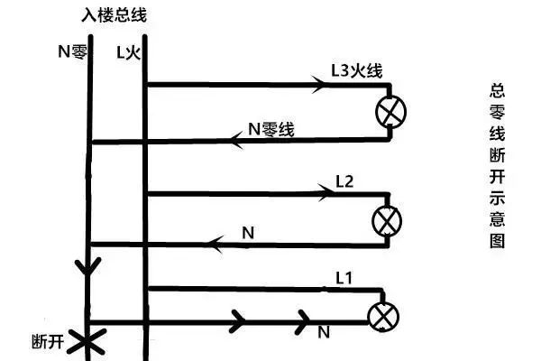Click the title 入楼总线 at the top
[115, 14]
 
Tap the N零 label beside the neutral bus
[72, 51]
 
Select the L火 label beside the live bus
[128, 53]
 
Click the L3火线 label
[357, 70]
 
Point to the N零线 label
[271, 129]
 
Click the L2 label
[344, 181]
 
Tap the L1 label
[344, 278]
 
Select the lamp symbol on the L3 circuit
[391, 112]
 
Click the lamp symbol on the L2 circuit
[387, 221]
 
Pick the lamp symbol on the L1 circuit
[384, 317]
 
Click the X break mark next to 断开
[87, 342]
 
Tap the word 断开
[48, 342]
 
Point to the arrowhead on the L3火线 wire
[318, 84]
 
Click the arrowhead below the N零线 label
[237, 140]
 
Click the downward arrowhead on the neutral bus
[88, 266]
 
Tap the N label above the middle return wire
[248, 233]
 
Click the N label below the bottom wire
[324, 332]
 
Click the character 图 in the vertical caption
[497, 241]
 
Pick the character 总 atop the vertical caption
[497, 90]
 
